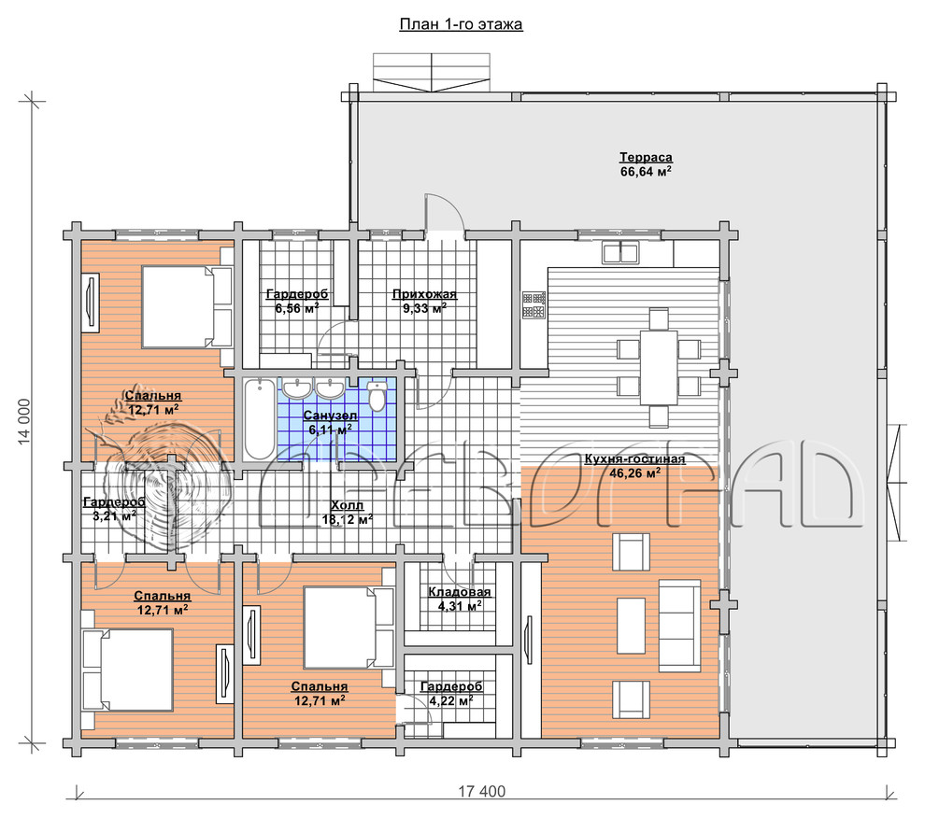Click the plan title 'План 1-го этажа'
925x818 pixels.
[x=461, y=24]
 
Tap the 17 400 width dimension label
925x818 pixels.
[x=482, y=792]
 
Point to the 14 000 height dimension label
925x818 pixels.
[x=24, y=422]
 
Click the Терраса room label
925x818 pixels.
[x=646, y=158]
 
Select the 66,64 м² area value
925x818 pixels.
[x=646, y=172]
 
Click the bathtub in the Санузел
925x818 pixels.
[x=260, y=418]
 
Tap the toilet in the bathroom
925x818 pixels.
[x=377, y=396]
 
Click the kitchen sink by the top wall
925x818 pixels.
[x=620, y=253]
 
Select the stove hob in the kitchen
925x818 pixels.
[x=534, y=305]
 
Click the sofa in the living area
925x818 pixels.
[x=679, y=626]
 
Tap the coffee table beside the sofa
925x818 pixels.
[x=631, y=625]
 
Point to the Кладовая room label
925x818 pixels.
[x=460, y=592]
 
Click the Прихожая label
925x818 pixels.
[x=424, y=294]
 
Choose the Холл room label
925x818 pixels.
[x=347, y=505]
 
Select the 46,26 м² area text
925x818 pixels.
[x=634, y=473]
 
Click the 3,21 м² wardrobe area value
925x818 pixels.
[x=114, y=516]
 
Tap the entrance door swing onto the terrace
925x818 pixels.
[x=446, y=212]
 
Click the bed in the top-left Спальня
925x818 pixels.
[x=187, y=306]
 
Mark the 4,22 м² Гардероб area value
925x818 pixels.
[x=451, y=700]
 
